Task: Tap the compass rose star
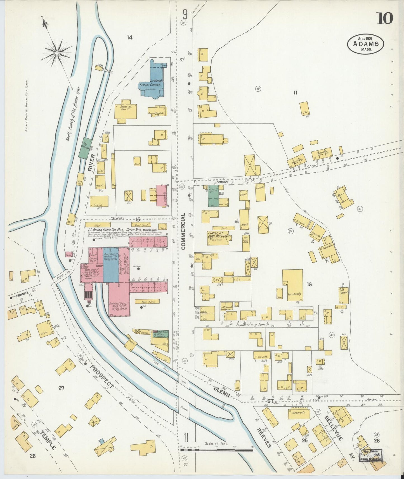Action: pyautogui.click(x=57, y=52)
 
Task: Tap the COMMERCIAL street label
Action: pyautogui.click(x=184, y=231)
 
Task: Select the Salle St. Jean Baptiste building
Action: pyautogui.click(x=218, y=238)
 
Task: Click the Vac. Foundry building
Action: pyautogui.click(x=292, y=285)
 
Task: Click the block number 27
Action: pyautogui.click(x=61, y=388)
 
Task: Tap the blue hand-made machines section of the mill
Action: pyautogui.click(x=111, y=264)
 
